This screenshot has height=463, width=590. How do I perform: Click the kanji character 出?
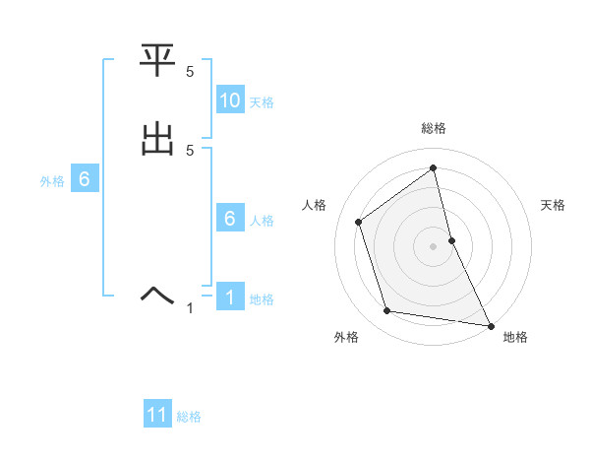[x=157, y=140]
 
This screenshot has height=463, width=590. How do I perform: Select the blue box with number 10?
[x=230, y=100]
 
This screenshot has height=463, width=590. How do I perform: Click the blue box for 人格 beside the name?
[x=230, y=220]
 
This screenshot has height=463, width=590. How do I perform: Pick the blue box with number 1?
[x=230, y=298]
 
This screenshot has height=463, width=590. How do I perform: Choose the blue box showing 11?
[x=157, y=416]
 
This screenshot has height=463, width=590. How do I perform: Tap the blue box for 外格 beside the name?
[x=85, y=180]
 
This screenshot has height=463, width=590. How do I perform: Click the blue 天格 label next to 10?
[x=262, y=102]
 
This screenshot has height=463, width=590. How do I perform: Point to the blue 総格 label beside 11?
[x=189, y=417]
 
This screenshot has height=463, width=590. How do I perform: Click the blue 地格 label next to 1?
[x=262, y=299]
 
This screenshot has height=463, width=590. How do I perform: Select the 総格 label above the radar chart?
[x=434, y=128]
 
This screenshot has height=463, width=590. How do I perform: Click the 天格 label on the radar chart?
[x=554, y=205]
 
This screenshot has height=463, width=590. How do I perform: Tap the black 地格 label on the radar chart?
[x=515, y=338]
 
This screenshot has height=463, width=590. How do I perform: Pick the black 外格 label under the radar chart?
[x=346, y=338]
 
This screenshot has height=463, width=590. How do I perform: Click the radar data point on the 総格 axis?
[x=434, y=168]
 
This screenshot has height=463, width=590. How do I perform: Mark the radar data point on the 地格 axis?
[x=490, y=324]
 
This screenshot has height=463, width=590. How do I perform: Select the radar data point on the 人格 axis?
[x=359, y=222]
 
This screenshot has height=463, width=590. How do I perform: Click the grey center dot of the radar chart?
[x=434, y=246]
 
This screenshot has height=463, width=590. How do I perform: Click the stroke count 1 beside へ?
[x=190, y=308]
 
